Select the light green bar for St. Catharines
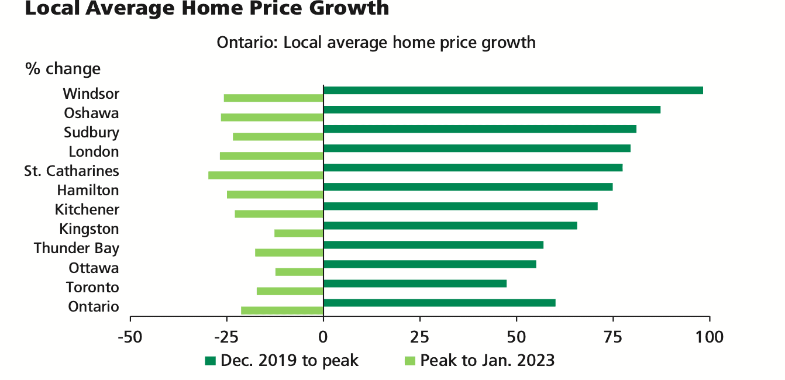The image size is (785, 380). tap(266, 175)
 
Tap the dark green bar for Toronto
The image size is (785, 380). tap(415, 284)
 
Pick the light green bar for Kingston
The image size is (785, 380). tap(298, 233)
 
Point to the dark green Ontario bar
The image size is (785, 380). tap(439, 303)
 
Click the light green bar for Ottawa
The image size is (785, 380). tap(299, 272)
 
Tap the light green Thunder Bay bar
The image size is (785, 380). tap(289, 253)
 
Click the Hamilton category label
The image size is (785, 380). tap(88, 190)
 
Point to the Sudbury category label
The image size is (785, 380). tap(91, 132)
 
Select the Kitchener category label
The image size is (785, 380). tap(87, 209)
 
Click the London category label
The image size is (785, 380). tap(94, 151)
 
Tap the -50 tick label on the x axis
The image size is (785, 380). tap(129, 337)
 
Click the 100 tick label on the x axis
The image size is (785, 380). tap(710, 337)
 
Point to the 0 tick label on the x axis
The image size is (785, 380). tap(323, 337)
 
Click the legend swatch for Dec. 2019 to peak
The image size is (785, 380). tap(210, 360)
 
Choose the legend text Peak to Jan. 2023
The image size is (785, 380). tap(487, 360)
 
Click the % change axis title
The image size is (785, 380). tap(63, 69)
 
